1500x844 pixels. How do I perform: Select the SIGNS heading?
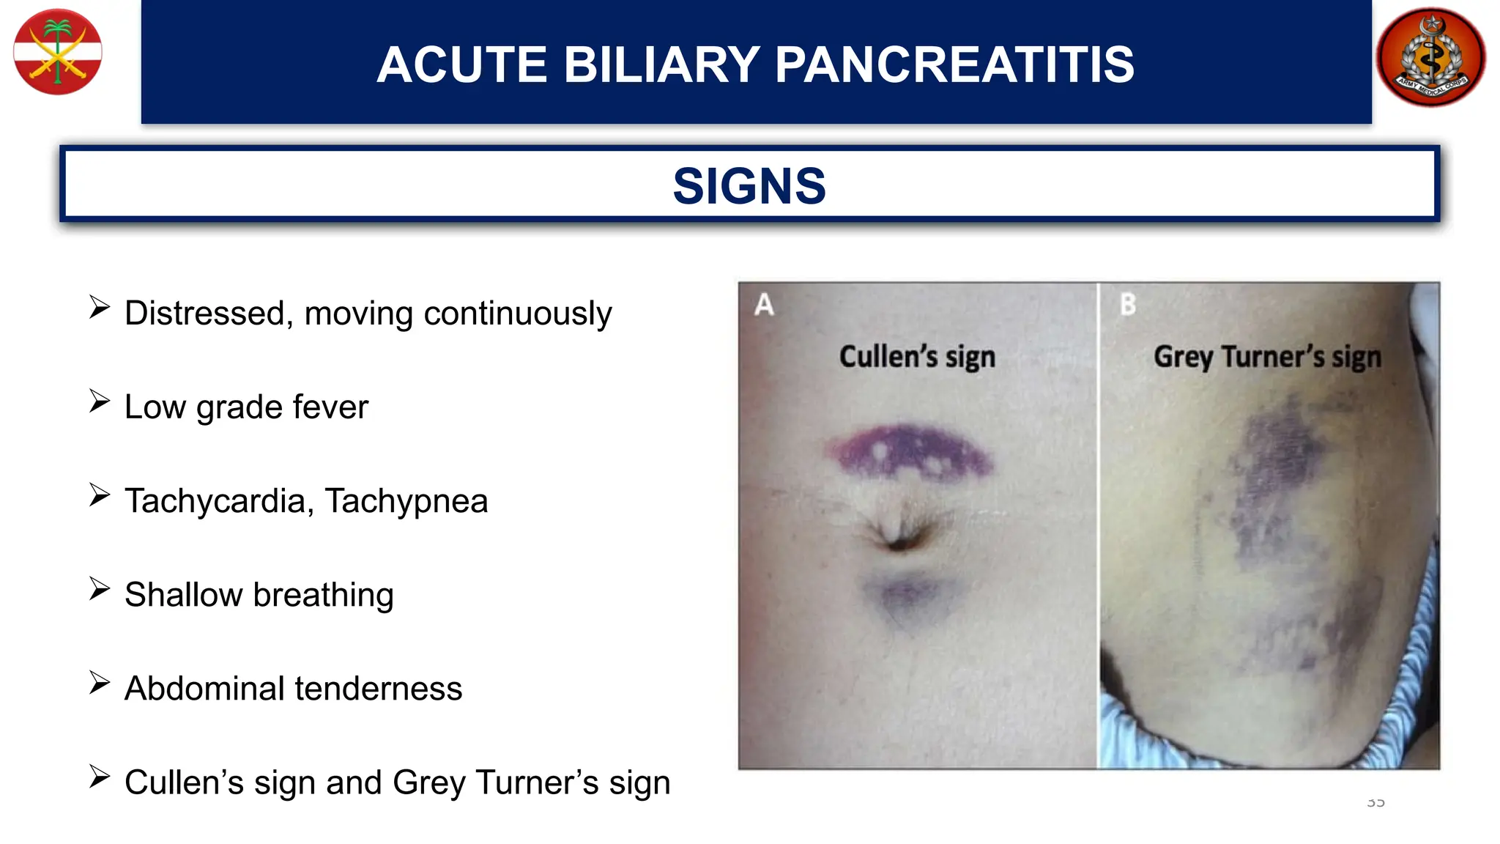pos(749,185)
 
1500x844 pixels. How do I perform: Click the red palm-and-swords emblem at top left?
pos(58,52)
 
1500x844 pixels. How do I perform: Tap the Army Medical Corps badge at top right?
pos(1430,57)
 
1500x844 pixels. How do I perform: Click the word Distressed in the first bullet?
pos(204,314)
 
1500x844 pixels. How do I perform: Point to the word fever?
pos(330,407)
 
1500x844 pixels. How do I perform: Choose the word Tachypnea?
pos(406,501)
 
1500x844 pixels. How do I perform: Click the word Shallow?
pos(183,595)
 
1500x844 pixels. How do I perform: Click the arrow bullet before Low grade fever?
pos(100,401)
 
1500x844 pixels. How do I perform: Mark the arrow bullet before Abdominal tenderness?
pos(100,682)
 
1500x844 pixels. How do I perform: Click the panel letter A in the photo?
pos(764,304)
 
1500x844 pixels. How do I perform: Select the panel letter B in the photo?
pos(1128,304)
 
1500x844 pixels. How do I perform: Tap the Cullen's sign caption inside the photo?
pos(917,357)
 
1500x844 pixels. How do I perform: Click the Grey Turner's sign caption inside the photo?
pos(1267,357)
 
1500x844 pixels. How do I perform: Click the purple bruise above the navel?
pos(908,451)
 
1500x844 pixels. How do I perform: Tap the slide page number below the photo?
pos(1375,803)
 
